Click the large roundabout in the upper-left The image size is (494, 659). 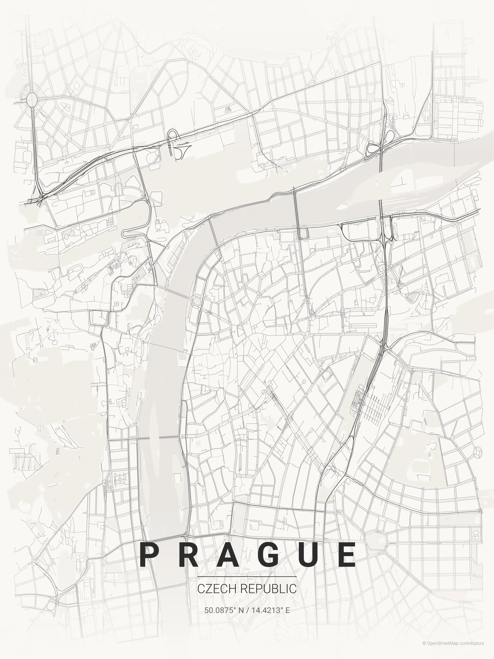click(32, 99)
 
